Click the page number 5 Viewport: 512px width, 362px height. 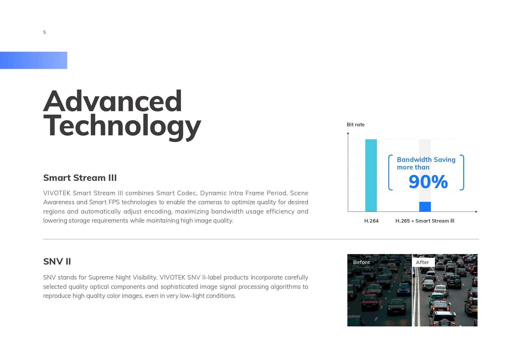(44, 32)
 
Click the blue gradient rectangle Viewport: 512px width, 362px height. (34, 60)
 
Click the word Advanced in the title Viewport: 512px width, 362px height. (113, 101)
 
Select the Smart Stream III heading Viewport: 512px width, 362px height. (80, 178)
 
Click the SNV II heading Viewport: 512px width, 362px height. (57, 261)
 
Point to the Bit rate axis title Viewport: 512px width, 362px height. (356, 125)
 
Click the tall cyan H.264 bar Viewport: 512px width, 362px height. (371, 175)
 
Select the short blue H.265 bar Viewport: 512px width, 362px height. (425, 207)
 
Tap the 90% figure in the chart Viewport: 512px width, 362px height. (428, 182)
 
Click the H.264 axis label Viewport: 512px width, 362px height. (371, 221)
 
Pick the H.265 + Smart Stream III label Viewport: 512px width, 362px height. (425, 221)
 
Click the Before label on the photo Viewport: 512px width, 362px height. (362, 262)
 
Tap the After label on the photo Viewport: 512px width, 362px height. (422, 262)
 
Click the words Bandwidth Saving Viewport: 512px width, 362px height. (426, 160)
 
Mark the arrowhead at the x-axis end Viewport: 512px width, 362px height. (476, 211)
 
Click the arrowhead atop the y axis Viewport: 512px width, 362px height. (348, 133)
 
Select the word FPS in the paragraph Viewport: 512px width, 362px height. (114, 202)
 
